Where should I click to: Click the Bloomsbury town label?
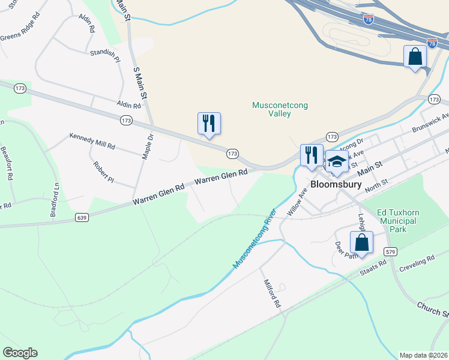pos(336,184)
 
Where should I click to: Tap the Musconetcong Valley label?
pos(280,109)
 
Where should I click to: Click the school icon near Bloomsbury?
pos(337,161)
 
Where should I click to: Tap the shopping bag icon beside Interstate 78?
pos(415,57)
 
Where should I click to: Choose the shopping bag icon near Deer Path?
pos(361,243)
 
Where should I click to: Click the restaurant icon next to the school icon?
pos(312,155)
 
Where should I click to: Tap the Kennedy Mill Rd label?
pos(92,142)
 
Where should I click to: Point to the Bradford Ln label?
pos(54,200)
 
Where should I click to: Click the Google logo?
pos(20,352)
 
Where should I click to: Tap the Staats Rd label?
pos(373,268)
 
